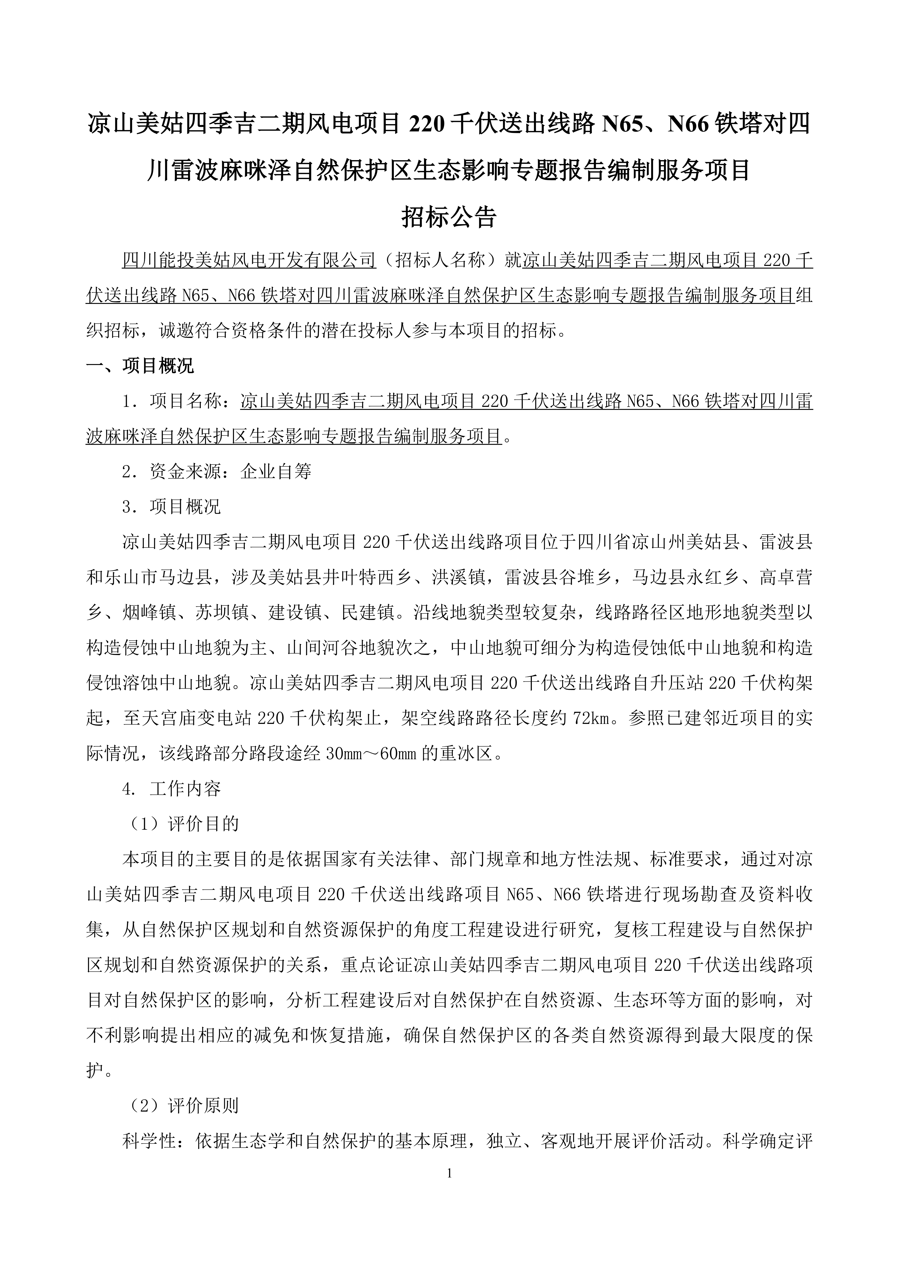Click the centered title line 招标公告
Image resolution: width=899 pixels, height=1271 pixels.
tap(449, 218)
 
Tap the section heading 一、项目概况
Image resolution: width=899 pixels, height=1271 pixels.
tap(140, 366)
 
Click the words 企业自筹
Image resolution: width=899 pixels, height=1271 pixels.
tap(276, 471)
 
